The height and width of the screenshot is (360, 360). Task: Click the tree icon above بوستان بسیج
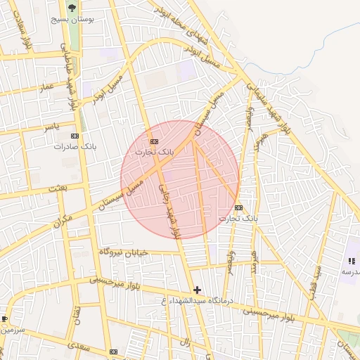tap(72, 8)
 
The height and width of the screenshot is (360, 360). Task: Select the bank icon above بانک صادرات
tap(75, 136)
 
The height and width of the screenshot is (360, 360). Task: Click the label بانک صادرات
tap(75, 147)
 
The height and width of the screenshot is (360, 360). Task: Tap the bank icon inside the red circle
tap(154, 141)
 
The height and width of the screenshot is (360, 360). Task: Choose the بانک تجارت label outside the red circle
tap(238, 219)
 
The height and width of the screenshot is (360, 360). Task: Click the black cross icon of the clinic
tap(197, 290)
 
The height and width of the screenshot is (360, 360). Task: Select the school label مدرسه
tap(350, 271)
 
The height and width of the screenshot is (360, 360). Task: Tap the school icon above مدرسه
tap(351, 261)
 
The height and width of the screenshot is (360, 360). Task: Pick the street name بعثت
tap(56, 189)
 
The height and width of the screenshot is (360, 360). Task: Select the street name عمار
tap(46, 86)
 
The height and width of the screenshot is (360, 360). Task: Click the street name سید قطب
tap(319, 279)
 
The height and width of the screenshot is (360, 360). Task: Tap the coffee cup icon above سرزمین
tap(4, 319)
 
